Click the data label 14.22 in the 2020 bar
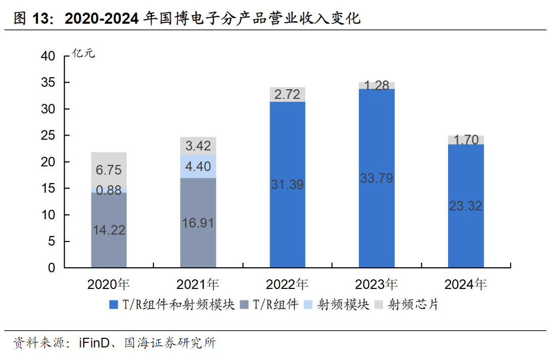109,230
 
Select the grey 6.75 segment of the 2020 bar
109,169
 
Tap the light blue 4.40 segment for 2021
198,166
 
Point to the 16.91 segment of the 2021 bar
198,223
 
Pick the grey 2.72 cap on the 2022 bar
287,94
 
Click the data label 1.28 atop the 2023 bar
376,85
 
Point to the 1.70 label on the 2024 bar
466,140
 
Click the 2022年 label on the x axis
287,285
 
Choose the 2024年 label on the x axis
466,285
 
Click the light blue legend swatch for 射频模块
309,305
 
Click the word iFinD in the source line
94,344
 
